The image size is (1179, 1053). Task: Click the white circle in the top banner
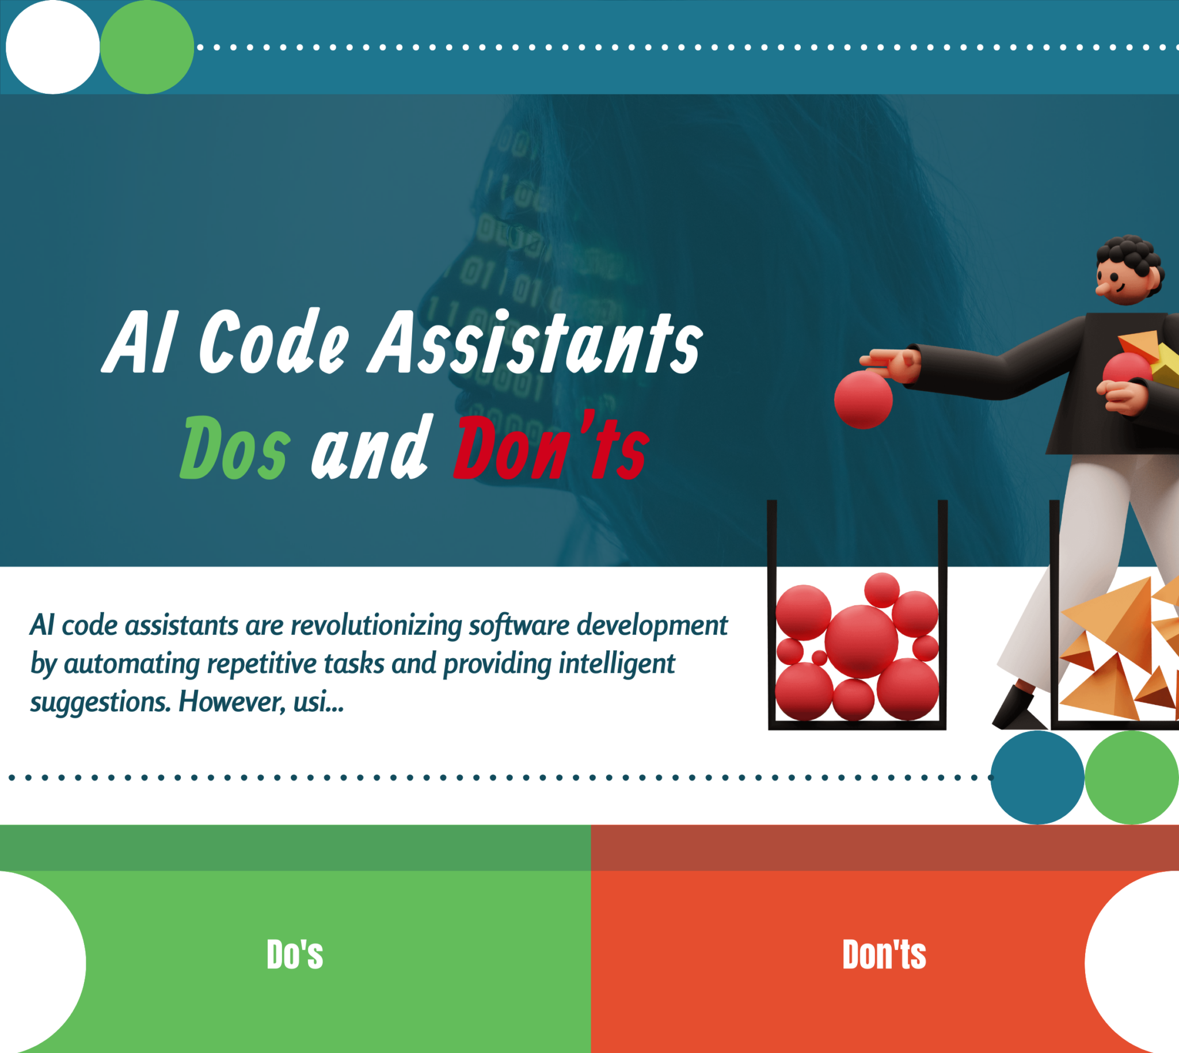coord(52,47)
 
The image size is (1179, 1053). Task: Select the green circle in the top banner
coord(147,47)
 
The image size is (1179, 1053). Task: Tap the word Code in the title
coord(274,342)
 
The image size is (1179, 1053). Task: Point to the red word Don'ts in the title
coord(550,448)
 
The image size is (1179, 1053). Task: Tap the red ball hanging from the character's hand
coord(863,399)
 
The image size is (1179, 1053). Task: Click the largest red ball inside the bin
coord(861,641)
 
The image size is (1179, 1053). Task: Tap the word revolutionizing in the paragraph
coord(376,625)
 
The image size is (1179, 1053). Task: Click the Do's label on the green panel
coord(295,954)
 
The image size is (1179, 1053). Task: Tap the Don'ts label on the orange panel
coord(884,954)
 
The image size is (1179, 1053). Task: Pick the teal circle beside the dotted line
coord(1037,777)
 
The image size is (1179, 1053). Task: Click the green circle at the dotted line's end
coord(1131,777)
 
